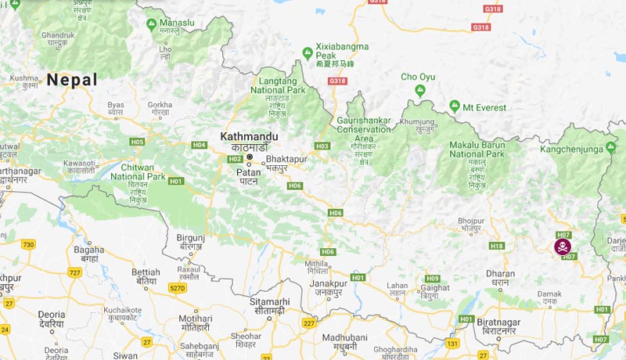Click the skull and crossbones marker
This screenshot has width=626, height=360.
[x=562, y=247]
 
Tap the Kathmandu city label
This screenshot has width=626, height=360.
[x=249, y=136]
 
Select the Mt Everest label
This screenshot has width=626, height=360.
[x=484, y=107]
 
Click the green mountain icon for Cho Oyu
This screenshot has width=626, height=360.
[x=421, y=91]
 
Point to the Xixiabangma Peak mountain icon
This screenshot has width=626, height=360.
[x=308, y=53]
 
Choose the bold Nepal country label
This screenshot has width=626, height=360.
[x=72, y=80]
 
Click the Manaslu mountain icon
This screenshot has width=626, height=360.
[x=151, y=23]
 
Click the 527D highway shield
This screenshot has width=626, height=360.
[x=178, y=288]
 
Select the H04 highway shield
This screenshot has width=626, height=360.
[x=199, y=145]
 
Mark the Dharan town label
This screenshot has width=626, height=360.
[x=501, y=274]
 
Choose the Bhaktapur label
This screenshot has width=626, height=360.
[x=290, y=157]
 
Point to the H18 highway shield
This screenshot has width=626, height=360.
[x=496, y=246]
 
